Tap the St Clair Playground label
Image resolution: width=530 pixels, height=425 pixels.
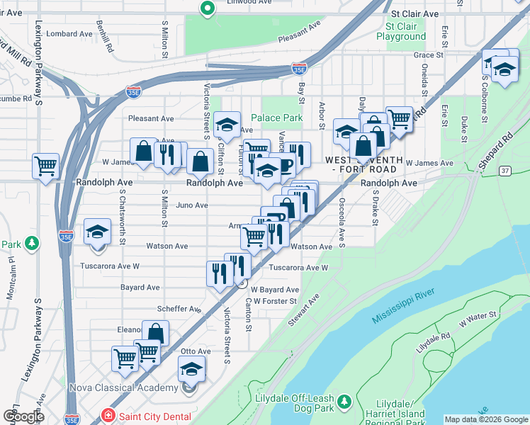tap(401, 31)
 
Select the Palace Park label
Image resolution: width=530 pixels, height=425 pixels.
tap(277, 118)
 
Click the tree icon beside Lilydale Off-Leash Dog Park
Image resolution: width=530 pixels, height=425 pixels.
tap(345, 402)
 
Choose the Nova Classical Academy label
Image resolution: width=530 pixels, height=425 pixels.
tap(123, 387)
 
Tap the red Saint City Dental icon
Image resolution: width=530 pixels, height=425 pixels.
tap(108, 416)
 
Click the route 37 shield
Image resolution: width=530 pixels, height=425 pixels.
tap(504, 170)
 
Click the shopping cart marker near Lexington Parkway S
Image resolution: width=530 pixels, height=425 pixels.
tap(46, 166)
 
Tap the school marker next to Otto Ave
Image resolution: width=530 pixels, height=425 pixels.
tap(191, 369)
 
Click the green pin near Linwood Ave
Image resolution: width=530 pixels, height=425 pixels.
tap(207, 9)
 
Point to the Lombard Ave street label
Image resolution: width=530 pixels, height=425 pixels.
tap(69, 33)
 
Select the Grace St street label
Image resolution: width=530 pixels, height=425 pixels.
tap(429, 55)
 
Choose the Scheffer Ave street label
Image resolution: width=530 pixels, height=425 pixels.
tap(179, 309)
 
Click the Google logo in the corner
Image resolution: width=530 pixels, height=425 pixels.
tap(23, 416)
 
